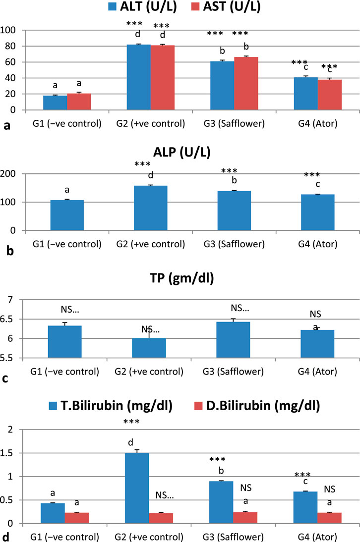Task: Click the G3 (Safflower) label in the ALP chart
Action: tap(233, 244)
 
